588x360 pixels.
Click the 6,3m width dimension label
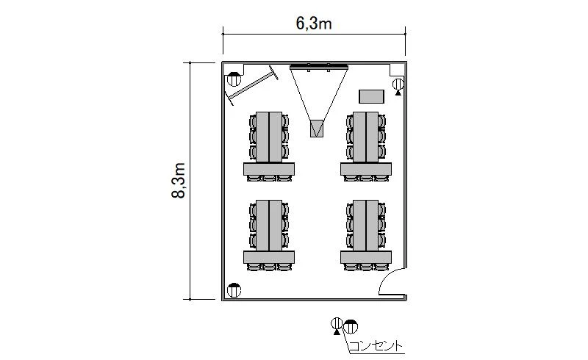[x=314, y=24]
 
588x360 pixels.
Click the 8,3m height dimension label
[x=179, y=181]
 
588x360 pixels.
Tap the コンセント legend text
[x=376, y=346]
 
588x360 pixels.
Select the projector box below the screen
[x=317, y=129]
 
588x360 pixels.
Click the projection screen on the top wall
[x=319, y=67]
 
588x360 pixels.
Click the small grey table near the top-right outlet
[x=371, y=96]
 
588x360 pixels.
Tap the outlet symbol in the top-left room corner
[x=234, y=79]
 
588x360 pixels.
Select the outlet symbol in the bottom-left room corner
[x=234, y=290]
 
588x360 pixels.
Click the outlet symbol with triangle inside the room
[x=398, y=86]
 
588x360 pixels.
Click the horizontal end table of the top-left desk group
[x=269, y=169]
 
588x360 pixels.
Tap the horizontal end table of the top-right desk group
[x=366, y=169]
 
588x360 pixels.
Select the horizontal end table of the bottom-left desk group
[x=269, y=257]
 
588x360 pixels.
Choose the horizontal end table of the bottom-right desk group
[x=366, y=257]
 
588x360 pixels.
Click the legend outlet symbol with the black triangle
[x=337, y=325]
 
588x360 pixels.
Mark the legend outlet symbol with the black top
[x=351, y=327]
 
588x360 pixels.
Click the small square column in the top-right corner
[x=396, y=70]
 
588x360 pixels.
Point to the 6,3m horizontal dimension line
[x=315, y=34]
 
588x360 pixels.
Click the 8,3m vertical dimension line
[x=190, y=181]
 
